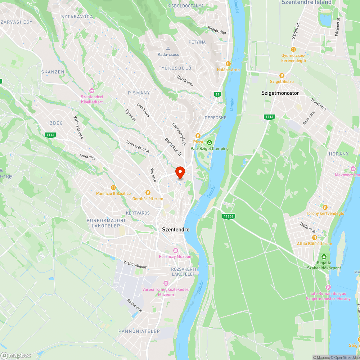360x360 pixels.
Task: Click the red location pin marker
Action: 180,172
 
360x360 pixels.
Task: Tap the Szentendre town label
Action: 176,229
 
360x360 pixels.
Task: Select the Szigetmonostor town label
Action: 280,93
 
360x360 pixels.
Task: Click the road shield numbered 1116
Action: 50,135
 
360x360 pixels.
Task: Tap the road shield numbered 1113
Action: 269,117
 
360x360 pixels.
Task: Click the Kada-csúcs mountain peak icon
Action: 168,48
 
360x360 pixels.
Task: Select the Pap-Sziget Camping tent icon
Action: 210,143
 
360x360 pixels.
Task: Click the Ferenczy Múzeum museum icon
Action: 176,250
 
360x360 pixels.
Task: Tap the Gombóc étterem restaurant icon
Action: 148,193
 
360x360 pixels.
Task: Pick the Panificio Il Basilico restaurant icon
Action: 113,187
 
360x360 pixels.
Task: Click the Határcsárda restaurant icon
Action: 228,63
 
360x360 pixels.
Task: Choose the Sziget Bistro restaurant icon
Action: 282,76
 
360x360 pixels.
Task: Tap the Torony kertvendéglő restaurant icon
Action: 325,207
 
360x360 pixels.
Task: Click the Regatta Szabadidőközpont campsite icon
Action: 324,256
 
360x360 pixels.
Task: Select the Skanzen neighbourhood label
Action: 53,72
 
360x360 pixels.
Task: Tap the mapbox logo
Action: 16,355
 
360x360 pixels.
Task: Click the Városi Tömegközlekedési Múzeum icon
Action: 166,283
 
